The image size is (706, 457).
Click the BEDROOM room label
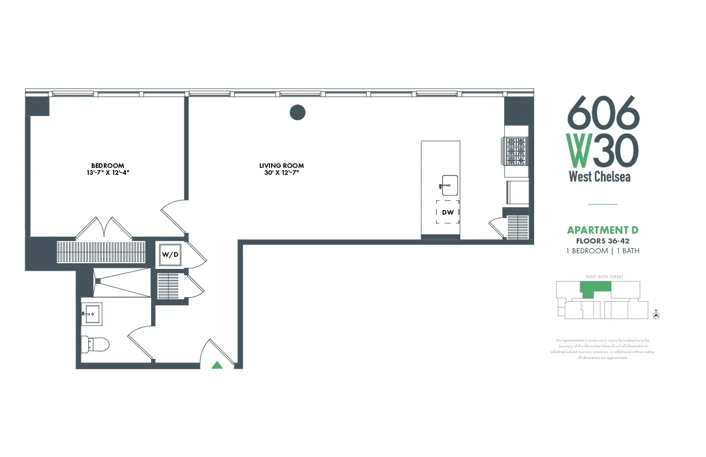tap(107, 166)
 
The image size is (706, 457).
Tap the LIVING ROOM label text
tap(281, 166)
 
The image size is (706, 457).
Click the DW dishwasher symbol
tap(448, 212)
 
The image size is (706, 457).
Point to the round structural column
tap(297, 112)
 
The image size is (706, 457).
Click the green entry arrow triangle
tap(217, 365)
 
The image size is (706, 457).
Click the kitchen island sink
tap(449, 185)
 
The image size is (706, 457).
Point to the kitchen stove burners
tap(516, 151)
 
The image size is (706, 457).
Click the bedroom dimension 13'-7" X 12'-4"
tap(107, 173)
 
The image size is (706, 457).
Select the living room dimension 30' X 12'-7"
tap(281, 173)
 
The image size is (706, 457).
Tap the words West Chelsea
tap(600, 177)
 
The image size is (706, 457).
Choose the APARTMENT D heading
tap(603, 230)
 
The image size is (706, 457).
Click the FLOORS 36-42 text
tap(603, 241)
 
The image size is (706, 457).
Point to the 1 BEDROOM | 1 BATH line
tap(603, 251)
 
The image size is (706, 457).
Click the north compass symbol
tap(656, 314)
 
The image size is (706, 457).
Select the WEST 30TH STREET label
tap(604, 277)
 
